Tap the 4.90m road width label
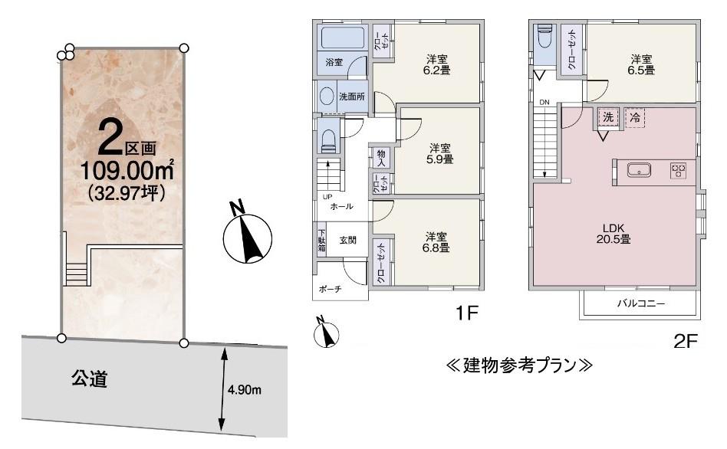pos(245,389)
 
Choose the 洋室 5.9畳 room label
pos(439,153)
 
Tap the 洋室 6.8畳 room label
pos(436,241)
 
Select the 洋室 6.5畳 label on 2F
pos(642,64)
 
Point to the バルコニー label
pos(640,303)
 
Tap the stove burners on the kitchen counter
pos(679,171)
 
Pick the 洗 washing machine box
pos(607,118)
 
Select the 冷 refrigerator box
pos(634,118)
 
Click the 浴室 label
pos(334,62)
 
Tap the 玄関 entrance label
pos(347,240)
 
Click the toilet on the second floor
pos(544,36)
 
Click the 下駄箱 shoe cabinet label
pos(321,242)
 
